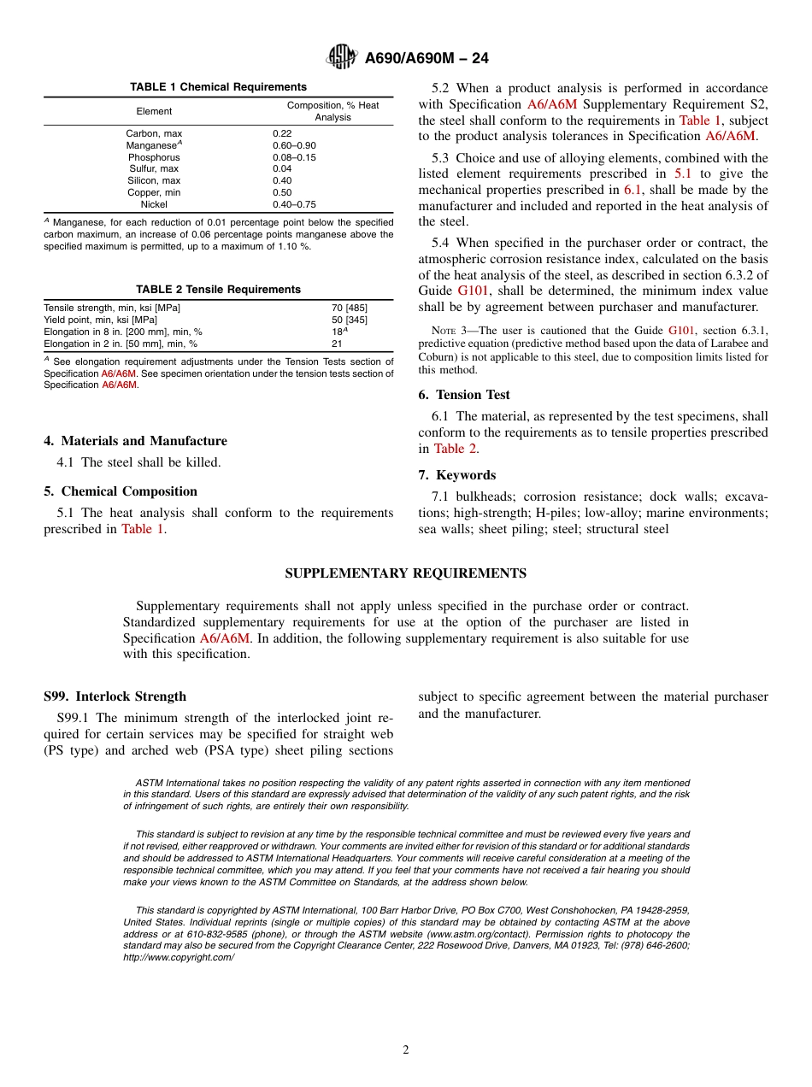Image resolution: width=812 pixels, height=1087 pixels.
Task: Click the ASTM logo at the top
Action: tap(342, 57)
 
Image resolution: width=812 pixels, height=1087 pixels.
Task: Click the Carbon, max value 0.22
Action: tap(281, 133)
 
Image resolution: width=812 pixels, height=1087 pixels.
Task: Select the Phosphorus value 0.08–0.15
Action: tap(294, 157)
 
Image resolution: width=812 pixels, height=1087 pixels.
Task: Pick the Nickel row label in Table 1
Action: tap(154, 204)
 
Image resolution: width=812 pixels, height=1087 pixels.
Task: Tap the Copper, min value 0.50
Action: tap(281, 192)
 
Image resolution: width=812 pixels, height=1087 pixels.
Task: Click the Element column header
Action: tap(154, 111)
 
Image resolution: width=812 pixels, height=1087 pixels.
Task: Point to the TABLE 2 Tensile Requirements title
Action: tap(218, 289)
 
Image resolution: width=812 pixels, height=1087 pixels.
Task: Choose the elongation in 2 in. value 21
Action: tap(337, 344)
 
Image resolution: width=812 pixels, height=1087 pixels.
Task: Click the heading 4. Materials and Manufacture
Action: tap(135, 441)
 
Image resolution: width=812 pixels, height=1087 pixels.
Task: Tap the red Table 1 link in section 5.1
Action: tap(143, 529)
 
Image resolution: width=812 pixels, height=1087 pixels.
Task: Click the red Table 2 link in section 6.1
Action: tap(455, 449)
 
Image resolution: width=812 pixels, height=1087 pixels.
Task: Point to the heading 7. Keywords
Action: tap(457, 475)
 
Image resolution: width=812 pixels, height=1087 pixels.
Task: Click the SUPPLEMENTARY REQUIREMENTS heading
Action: tap(405, 573)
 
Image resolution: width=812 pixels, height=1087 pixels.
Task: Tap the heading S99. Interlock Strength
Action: tap(115, 696)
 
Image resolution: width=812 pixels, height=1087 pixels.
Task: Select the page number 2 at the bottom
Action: tap(406, 1050)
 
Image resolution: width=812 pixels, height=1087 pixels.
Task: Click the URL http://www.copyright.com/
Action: tap(179, 957)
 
